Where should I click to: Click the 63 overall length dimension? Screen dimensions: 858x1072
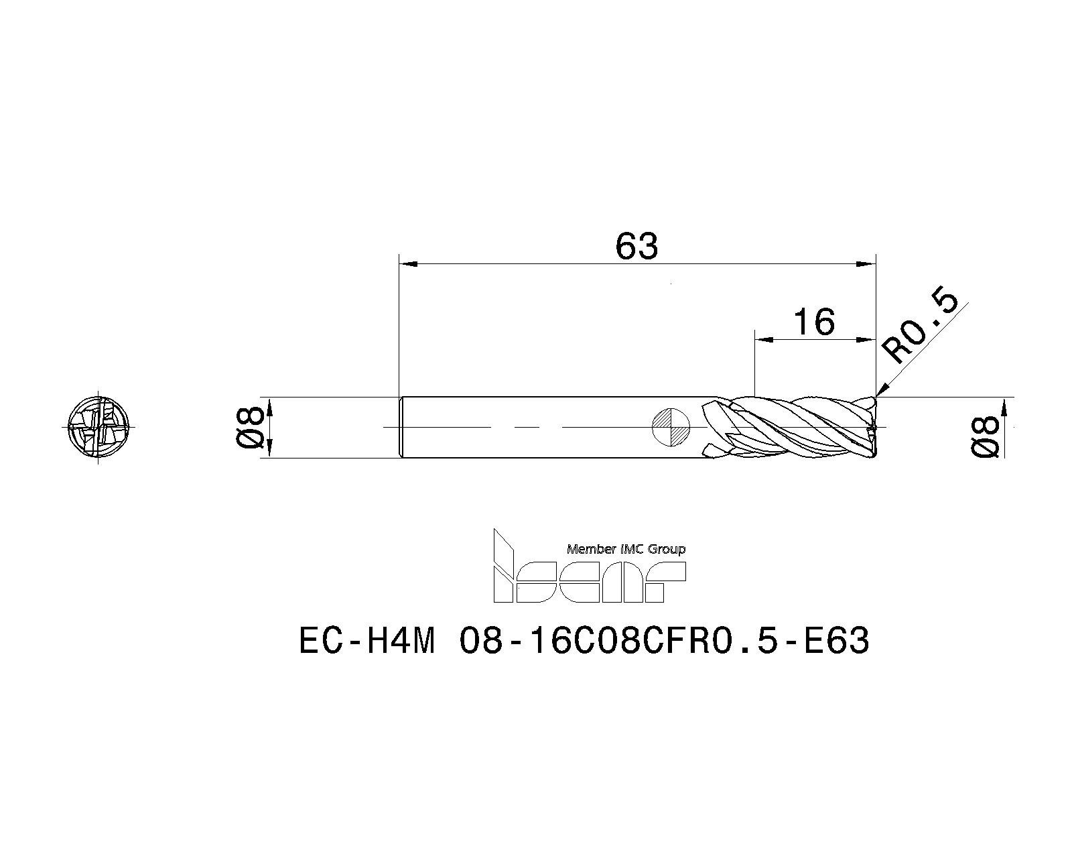(636, 247)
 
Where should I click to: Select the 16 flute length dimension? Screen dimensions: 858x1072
(814, 322)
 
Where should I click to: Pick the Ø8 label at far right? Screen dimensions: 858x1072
(986, 437)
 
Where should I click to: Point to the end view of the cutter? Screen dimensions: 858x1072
(98, 427)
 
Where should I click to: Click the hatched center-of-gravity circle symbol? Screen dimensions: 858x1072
(671, 427)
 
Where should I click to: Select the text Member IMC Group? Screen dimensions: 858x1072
(626, 549)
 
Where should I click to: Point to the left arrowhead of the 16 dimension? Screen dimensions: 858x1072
(763, 340)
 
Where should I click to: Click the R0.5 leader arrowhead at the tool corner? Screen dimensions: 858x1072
(880, 391)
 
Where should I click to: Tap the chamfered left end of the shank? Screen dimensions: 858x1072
(401, 427)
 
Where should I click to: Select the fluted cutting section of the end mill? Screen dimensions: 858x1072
(791, 428)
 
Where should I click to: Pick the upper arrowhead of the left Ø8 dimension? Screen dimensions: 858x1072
(271, 405)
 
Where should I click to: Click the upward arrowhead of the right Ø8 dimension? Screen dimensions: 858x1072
(1004, 406)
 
